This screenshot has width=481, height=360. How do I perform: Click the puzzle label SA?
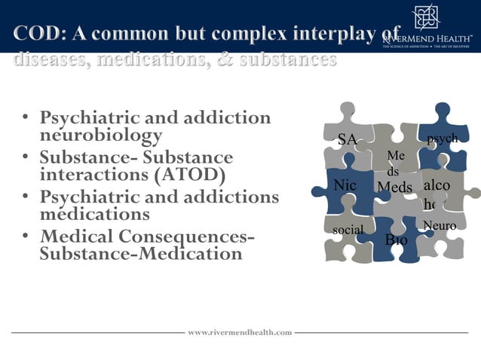coord(347,139)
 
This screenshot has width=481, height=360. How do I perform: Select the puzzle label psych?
coord(442,139)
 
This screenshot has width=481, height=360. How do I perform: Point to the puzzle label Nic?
coord(345,185)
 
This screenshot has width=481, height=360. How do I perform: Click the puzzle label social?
coord(348,229)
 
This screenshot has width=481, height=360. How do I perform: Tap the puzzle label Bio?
coord(396,240)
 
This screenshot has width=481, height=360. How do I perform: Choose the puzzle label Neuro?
coord(440,225)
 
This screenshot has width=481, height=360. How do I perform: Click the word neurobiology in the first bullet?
coord(101,136)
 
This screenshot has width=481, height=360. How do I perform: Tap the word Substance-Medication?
coord(141,254)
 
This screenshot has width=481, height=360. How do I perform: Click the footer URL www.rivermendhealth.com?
coord(239,332)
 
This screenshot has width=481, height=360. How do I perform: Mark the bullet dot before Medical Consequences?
coord(26,236)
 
